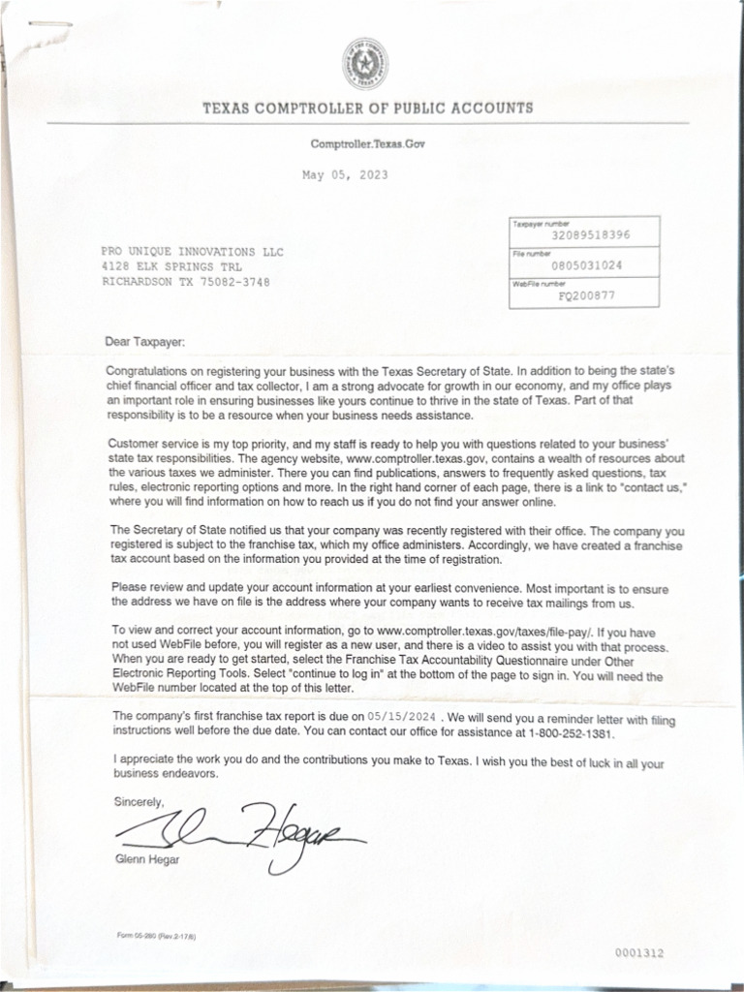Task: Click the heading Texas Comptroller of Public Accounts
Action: click(367, 108)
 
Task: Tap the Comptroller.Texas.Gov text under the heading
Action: click(367, 143)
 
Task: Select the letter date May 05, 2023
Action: click(345, 175)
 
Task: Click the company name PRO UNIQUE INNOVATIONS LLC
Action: click(193, 252)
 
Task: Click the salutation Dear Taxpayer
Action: click(149, 341)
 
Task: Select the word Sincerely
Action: click(139, 802)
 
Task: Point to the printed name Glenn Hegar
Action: click(140, 858)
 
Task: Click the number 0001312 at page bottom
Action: click(639, 953)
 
